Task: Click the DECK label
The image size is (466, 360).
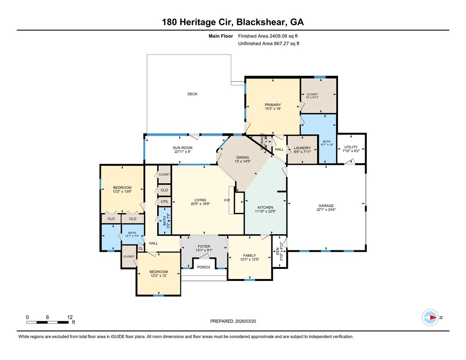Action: [x=192, y=94]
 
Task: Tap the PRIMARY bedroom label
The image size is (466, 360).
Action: [x=273, y=105]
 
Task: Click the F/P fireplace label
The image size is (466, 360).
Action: [x=227, y=200]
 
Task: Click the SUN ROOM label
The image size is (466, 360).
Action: [x=183, y=147]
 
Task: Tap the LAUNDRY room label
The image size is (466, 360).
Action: [x=302, y=148]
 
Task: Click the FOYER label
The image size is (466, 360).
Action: [x=204, y=247]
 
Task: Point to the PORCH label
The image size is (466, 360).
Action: [x=203, y=267]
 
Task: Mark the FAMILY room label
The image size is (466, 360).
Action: [x=250, y=255]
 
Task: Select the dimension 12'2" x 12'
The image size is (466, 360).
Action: [x=158, y=276]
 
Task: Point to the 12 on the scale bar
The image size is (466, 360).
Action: [x=70, y=317]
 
